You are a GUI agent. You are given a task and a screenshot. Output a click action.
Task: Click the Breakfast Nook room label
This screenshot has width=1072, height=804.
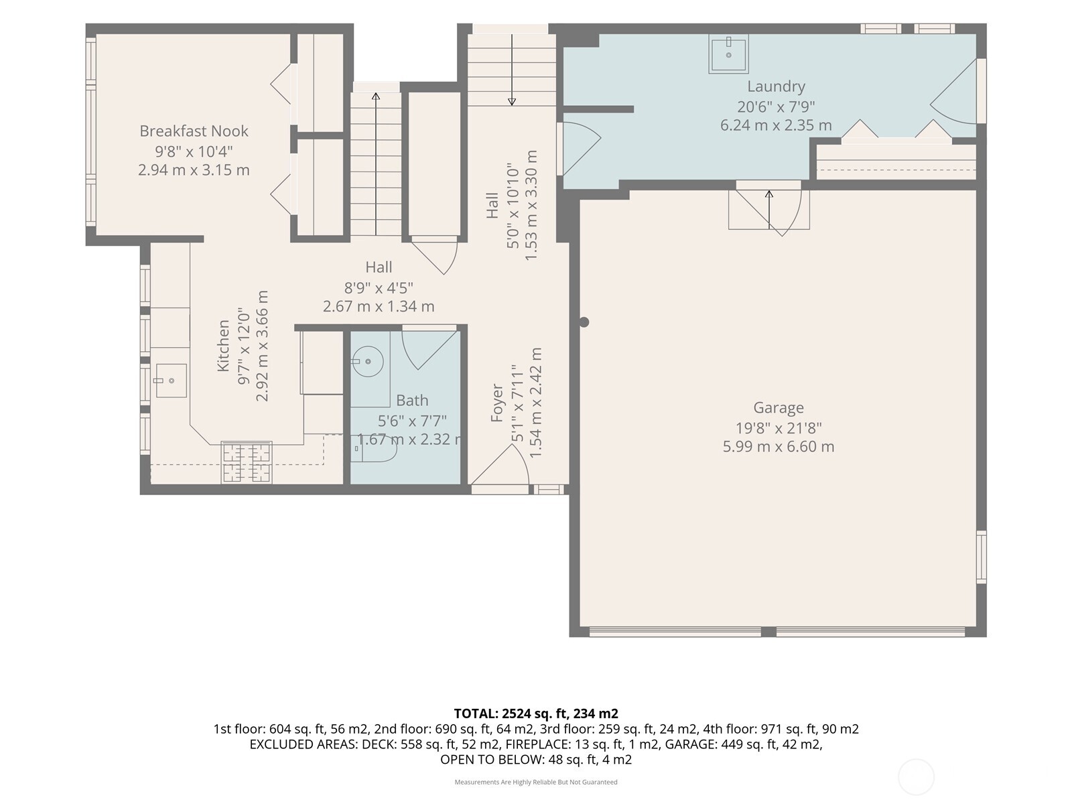[194, 131]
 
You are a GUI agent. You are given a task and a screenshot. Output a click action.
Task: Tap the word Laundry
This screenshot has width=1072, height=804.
[776, 86]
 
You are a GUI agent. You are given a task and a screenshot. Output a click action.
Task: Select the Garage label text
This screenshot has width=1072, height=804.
[779, 407]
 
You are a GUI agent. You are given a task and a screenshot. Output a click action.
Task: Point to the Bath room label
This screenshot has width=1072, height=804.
[412, 400]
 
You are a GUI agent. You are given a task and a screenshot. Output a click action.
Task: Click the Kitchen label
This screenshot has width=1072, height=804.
[222, 346]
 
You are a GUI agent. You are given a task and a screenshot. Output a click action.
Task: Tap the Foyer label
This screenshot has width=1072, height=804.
[496, 403]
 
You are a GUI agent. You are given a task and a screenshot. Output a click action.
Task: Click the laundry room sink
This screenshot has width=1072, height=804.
[728, 54]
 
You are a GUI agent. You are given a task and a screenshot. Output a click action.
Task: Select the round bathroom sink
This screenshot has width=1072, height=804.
[367, 362]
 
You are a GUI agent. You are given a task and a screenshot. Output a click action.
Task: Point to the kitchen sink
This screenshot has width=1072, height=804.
[170, 381]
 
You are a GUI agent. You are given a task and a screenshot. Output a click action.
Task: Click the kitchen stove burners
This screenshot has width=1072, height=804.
[247, 462]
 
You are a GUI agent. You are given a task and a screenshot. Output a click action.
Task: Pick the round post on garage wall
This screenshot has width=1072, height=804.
[584, 322]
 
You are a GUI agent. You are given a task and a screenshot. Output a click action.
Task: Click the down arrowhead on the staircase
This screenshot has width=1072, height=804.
[512, 102]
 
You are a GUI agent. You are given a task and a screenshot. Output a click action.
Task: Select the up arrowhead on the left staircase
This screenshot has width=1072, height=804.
[376, 96]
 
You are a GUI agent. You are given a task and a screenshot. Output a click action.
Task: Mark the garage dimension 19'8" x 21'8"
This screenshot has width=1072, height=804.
[779, 428]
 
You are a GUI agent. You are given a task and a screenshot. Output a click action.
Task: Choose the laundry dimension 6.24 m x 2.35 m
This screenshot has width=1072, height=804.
[776, 125]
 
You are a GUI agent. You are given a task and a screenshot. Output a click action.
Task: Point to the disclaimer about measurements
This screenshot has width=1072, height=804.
[536, 782]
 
